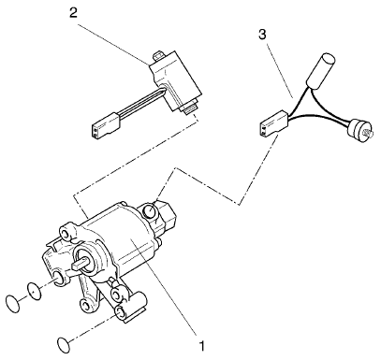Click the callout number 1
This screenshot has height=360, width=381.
202,345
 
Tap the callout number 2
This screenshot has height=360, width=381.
73,12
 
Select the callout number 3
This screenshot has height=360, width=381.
263,35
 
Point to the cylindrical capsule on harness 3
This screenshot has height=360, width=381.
320,68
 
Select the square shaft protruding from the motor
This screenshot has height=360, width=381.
80,265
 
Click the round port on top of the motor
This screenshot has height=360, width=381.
150,211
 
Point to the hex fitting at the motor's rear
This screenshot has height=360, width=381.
163,215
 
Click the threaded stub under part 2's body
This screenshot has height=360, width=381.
191,108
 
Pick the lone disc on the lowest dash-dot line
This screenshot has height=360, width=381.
65,343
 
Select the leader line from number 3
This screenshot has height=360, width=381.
279,68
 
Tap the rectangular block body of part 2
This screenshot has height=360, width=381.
176,80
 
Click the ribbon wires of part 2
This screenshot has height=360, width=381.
139,102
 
